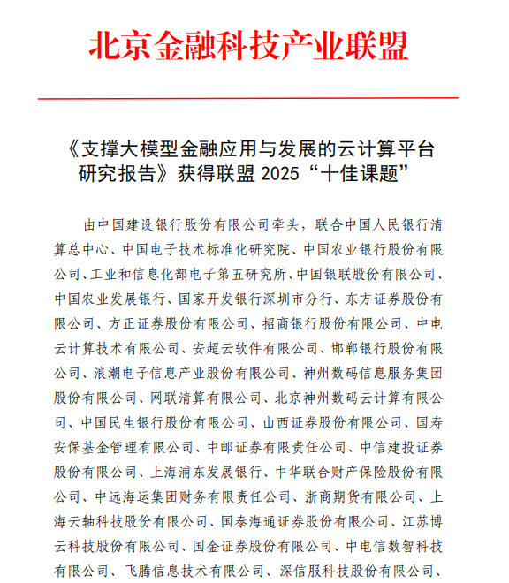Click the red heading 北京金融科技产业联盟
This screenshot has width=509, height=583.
(x=254, y=45)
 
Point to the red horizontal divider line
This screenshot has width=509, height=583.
(x=254, y=97)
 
